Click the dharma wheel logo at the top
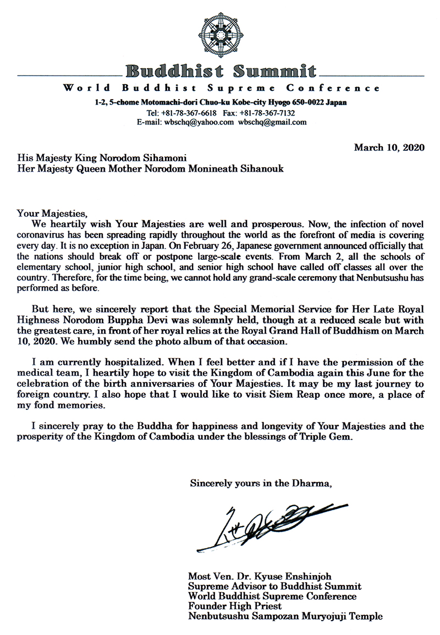[221, 34]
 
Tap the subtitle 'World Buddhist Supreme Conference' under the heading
[221, 88]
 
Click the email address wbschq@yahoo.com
[199, 122]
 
